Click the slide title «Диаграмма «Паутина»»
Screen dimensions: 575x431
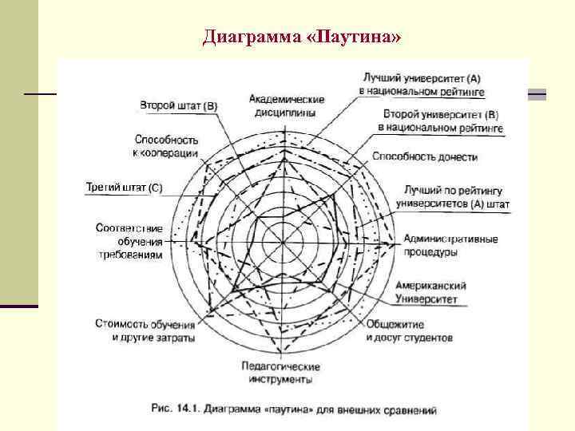click(x=302, y=37)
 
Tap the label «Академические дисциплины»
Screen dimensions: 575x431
click(x=286, y=105)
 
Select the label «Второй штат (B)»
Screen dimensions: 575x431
click(x=179, y=105)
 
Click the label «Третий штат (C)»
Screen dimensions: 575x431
click(x=124, y=188)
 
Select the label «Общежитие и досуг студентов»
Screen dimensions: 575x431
click(x=408, y=331)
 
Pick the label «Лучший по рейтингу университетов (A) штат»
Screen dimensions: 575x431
click(x=453, y=197)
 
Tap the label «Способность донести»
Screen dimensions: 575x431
click(x=425, y=157)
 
